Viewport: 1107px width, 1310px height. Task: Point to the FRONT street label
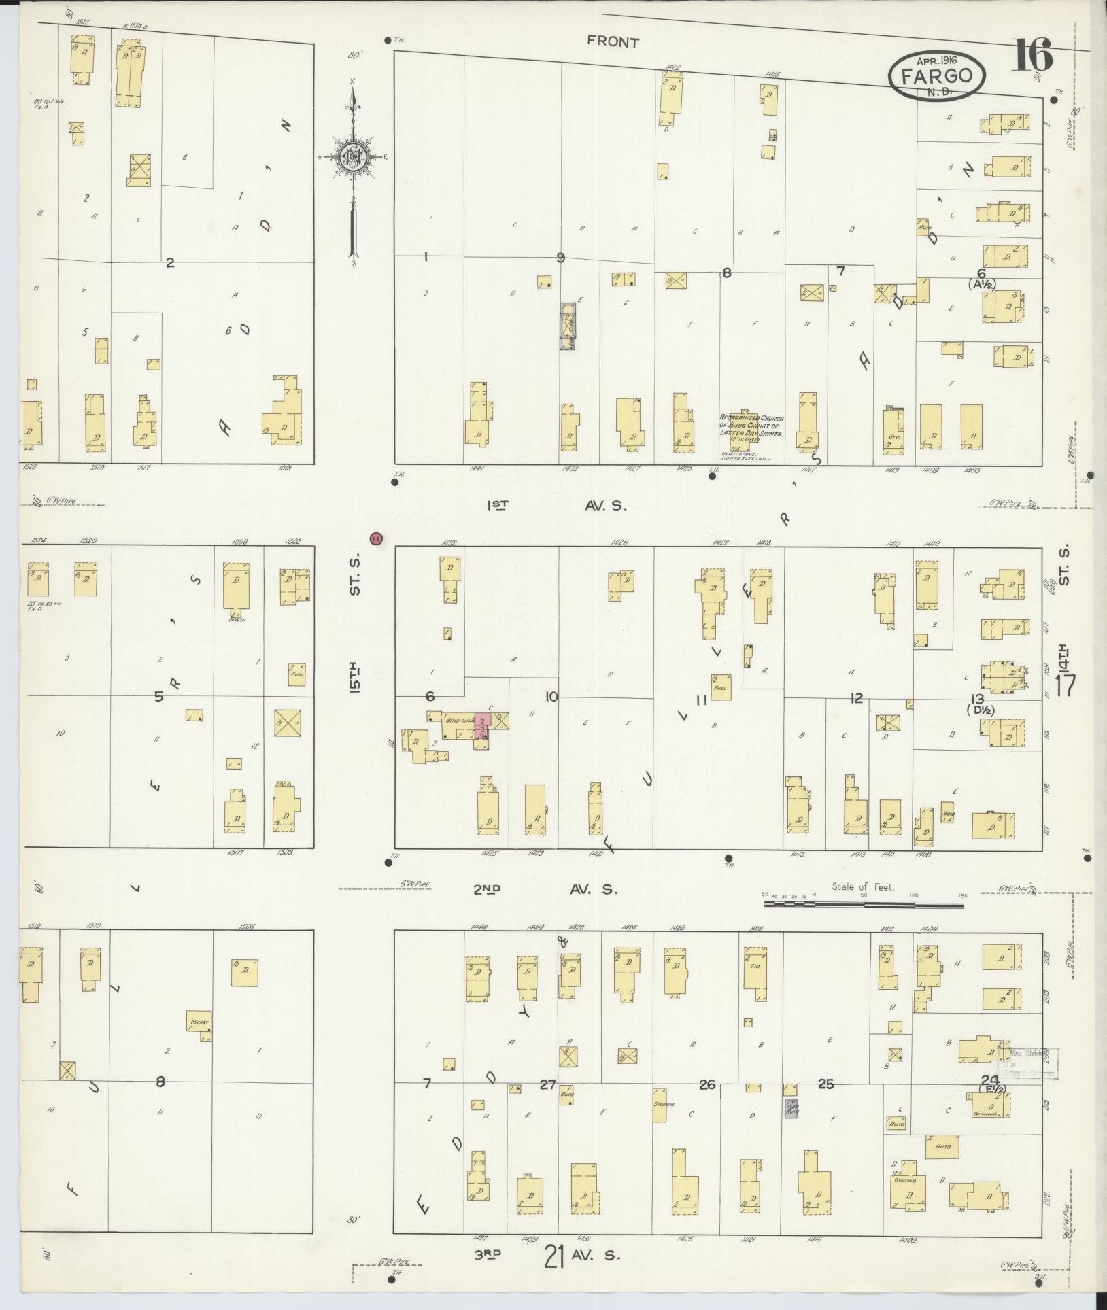[613, 42]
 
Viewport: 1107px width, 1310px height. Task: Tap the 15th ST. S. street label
[355, 622]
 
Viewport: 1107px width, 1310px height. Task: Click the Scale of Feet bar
[864, 905]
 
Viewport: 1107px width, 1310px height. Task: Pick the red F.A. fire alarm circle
[376, 538]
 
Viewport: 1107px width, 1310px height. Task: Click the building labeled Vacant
[200, 1040]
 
